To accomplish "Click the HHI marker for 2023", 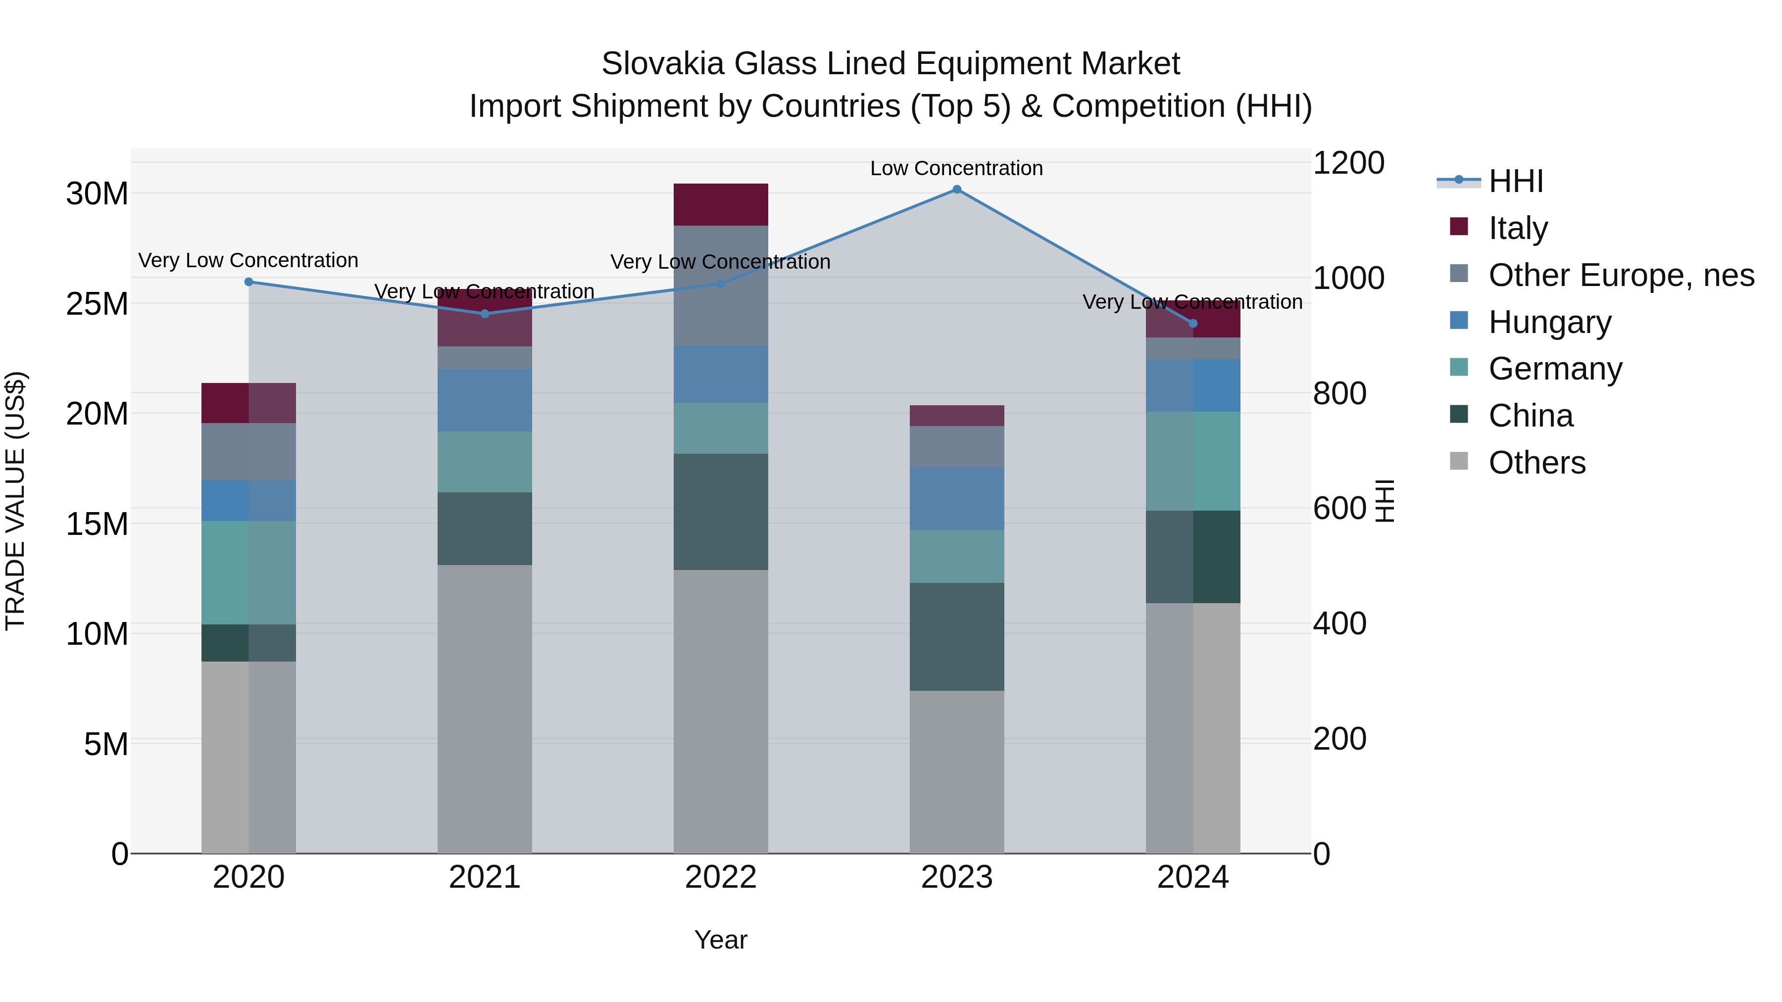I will [x=957, y=190].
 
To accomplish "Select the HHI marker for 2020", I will [x=249, y=282].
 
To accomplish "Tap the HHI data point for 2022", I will [x=721, y=284].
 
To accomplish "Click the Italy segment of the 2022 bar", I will [x=721, y=205].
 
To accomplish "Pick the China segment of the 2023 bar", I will [x=957, y=637].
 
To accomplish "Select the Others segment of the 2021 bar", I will [x=484, y=709].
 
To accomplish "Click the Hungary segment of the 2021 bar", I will [x=484, y=400].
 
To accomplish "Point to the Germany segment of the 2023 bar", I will [x=957, y=557].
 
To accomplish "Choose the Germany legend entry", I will [x=1555, y=369].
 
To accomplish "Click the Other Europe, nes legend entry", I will [x=1621, y=275].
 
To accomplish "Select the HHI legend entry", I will [x=1516, y=181].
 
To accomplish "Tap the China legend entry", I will [x=1530, y=416].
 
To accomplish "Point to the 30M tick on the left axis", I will [x=97, y=193].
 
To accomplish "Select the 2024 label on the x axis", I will [x=1192, y=877].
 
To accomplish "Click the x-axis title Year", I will [x=721, y=940].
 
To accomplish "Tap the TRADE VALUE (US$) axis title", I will [x=15, y=501].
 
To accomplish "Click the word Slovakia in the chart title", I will [x=663, y=64].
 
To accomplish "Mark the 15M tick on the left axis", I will [x=97, y=524].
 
